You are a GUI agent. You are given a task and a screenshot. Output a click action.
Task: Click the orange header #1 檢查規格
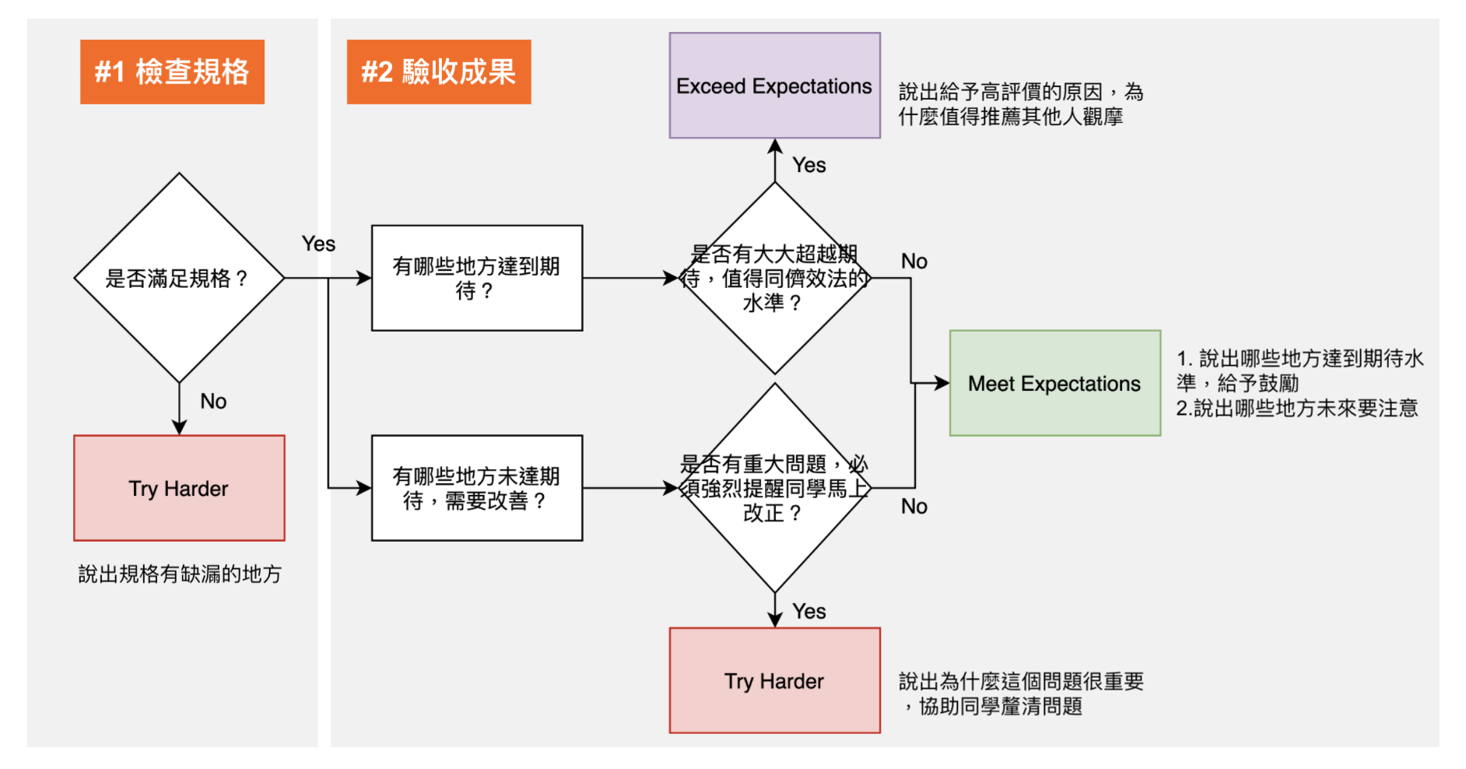tap(172, 72)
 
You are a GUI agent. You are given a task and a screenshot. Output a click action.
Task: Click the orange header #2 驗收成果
tap(439, 72)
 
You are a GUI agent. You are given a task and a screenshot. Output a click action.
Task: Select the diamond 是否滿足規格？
tap(179, 278)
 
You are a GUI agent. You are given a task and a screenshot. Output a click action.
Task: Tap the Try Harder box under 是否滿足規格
tap(179, 488)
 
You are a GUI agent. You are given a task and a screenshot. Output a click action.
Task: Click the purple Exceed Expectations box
tap(774, 86)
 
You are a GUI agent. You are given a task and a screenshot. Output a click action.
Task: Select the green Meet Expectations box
tap(1054, 383)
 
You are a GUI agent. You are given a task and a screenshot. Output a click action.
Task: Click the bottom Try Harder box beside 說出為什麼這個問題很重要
tap(774, 680)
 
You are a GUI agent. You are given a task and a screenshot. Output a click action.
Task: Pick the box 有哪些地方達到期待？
tap(477, 278)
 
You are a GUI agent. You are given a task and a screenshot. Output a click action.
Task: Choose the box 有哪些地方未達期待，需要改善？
tap(477, 488)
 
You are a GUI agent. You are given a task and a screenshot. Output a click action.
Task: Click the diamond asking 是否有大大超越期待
tap(774, 278)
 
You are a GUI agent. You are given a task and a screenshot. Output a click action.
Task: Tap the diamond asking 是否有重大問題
tap(774, 488)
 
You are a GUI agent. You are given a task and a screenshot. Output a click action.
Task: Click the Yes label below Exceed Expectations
tap(809, 165)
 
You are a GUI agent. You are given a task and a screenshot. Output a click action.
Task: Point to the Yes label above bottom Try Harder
tap(809, 611)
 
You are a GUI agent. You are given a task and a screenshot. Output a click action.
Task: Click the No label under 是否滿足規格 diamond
tap(213, 401)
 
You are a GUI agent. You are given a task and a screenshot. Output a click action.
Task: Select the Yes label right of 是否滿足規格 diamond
tap(318, 244)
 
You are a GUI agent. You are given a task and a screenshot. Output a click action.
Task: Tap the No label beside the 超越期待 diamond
tap(914, 262)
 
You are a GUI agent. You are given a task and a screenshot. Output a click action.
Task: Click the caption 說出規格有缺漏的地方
tap(180, 574)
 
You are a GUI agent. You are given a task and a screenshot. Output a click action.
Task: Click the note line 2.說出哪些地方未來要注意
tap(1297, 409)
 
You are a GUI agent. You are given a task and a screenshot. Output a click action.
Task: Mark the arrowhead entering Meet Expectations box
tap(942, 383)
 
